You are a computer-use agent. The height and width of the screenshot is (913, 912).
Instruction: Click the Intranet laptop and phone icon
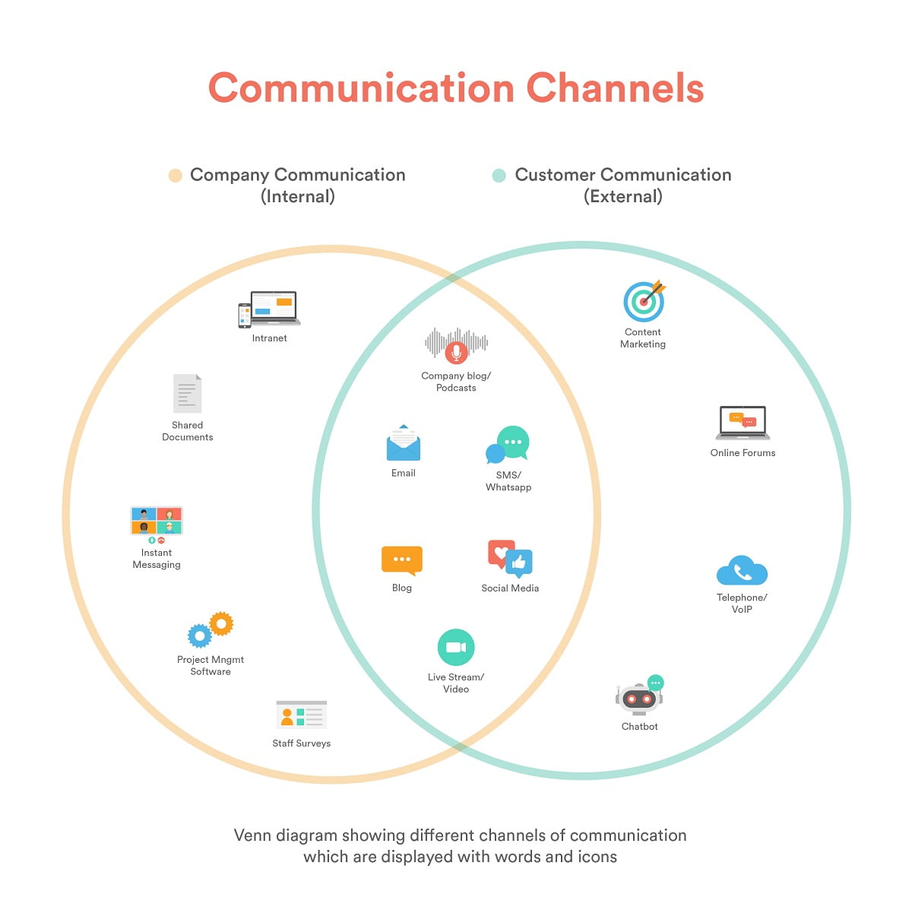(269, 309)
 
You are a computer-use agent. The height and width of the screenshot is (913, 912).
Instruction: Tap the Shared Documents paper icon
(187, 394)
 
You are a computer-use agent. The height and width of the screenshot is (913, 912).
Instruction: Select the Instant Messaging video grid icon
(157, 521)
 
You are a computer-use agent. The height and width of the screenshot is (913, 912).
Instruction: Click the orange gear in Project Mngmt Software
(221, 623)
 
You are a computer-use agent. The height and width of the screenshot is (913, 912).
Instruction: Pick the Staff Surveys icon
(301, 715)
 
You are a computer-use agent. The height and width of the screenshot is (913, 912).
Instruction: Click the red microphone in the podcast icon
(456, 352)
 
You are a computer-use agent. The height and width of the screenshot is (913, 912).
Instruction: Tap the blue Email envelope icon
(403, 444)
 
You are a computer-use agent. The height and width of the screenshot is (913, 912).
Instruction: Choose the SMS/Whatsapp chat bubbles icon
(508, 445)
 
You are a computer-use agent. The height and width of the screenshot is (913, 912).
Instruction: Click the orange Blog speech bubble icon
(401, 561)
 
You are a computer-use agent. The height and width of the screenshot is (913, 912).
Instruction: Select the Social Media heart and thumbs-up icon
(510, 560)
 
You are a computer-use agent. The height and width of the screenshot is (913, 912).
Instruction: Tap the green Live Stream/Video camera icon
(456, 648)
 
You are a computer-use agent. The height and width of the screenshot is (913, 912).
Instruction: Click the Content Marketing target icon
(644, 301)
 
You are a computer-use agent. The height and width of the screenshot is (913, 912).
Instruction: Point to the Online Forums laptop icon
(743, 423)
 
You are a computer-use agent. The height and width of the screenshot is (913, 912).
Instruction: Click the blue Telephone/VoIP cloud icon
(742, 572)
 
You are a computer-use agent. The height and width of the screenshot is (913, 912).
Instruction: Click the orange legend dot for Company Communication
(176, 176)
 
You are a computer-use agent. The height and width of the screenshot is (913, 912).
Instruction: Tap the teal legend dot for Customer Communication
(499, 176)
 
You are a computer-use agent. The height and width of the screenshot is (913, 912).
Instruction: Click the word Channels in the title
(615, 88)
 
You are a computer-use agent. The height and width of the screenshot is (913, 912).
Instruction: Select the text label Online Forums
(743, 453)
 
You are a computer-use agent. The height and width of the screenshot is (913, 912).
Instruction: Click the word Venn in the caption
(254, 835)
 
